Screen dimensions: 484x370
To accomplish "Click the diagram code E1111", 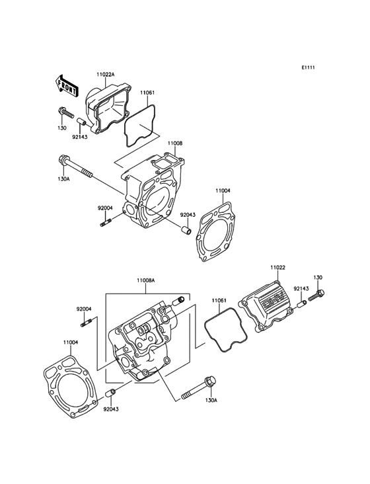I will click(309, 68).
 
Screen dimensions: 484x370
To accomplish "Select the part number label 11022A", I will click(106, 75).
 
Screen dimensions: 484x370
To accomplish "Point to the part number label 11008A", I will click(145, 280).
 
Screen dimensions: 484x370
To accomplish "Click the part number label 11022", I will click(278, 268).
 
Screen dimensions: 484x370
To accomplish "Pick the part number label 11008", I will click(174, 143).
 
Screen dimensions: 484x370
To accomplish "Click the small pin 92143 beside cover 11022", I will click(301, 303).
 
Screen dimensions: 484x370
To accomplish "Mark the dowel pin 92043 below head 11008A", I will click(112, 394).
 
